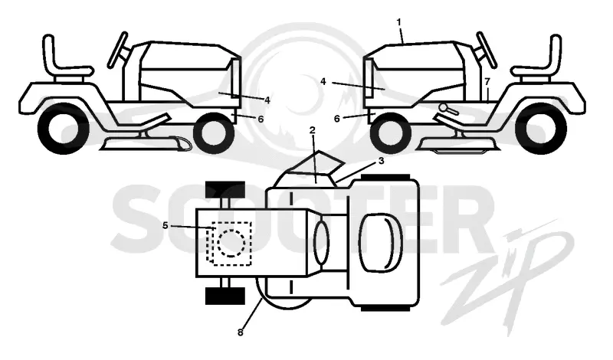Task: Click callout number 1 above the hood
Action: [398, 22]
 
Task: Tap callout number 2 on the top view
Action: [312, 130]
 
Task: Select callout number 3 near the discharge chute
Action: [381, 161]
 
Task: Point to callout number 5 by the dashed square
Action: [166, 225]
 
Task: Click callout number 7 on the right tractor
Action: [487, 82]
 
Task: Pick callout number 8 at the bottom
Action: [240, 332]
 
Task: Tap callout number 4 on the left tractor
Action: [267, 100]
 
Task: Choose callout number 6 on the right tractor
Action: [337, 119]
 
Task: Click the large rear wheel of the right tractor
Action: [540, 129]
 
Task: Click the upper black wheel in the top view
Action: [225, 190]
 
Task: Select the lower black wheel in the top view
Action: [225, 296]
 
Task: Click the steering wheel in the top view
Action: [321, 243]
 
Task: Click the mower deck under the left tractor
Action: [146, 144]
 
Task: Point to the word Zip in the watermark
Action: [508, 273]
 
